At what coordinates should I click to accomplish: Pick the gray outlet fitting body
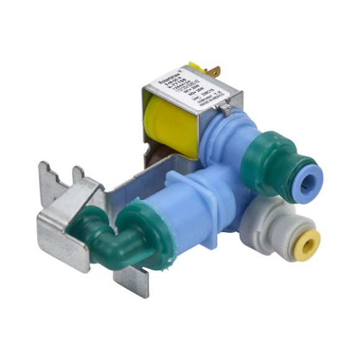[x=273, y=227]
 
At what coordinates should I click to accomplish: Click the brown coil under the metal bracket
[x=155, y=159]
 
